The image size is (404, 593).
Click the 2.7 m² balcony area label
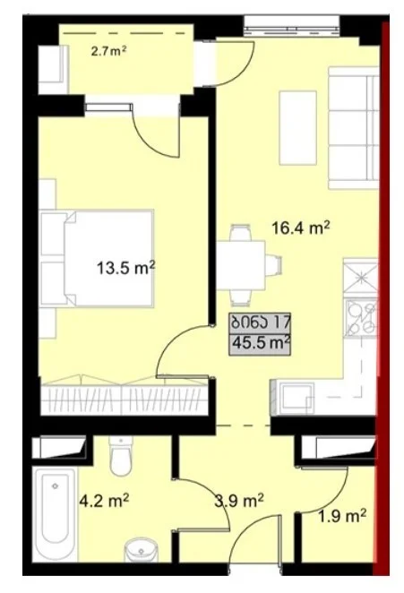point(108,51)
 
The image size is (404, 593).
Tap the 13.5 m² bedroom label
point(126,268)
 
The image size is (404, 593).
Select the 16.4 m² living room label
point(301,228)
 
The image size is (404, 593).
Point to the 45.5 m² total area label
point(260,343)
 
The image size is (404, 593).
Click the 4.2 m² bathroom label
point(105,501)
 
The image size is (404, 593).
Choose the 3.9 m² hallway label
point(239,501)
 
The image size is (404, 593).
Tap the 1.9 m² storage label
point(342,515)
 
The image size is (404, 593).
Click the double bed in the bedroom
point(98,258)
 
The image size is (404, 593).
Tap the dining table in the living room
point(241,265)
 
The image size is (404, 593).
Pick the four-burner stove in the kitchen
point(362,317)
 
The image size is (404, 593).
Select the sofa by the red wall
point(353,127)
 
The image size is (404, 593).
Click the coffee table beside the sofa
point(297,128)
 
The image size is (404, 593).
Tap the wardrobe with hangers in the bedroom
point(125,396)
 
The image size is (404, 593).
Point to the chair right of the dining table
point(273,265)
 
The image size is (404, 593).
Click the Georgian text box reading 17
point(260,322)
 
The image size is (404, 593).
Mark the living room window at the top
point(291,26)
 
